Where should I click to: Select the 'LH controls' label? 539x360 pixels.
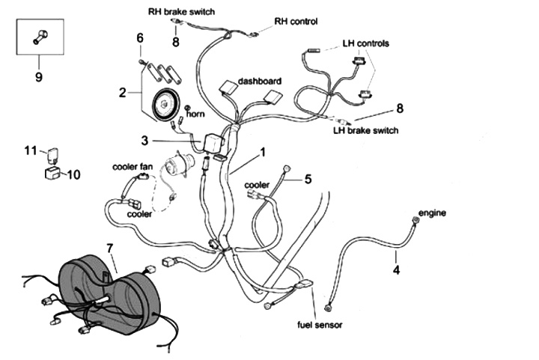tap(365, 43)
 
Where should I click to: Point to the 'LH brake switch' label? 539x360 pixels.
tap(365, 130)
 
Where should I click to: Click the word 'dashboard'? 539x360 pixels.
tap(260, 80)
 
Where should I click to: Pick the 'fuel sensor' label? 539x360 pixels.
tap(320, 326)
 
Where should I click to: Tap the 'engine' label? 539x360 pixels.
tap(432, 213)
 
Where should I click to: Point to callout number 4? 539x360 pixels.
tap(397, 270)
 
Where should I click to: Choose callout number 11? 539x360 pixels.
tap(29, 150)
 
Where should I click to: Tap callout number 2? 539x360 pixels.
tap(123, 93)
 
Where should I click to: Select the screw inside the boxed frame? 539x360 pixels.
tap(40, 36)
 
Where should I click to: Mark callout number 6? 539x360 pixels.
tap(139, 37)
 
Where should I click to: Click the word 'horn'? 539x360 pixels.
tap(195, 115)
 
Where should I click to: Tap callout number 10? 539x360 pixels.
tap(75, 175)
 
